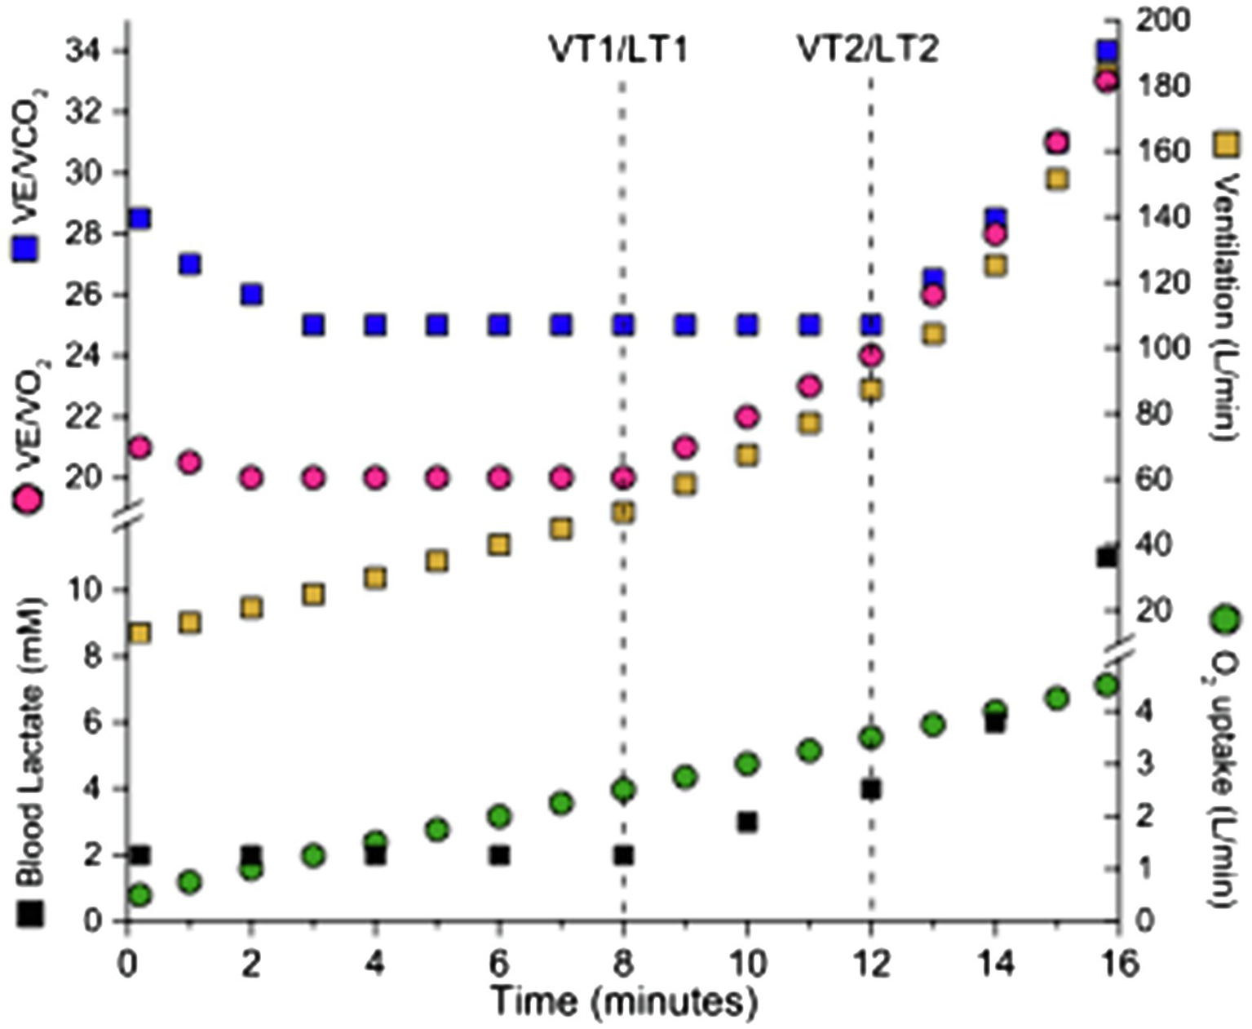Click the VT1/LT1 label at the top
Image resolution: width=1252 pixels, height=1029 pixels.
(617, 50)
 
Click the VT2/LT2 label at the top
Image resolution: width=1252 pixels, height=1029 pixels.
(867, 50)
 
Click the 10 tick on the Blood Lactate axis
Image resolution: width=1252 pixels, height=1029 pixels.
(86, 590)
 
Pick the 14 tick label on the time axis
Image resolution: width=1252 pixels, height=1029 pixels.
(994, 965)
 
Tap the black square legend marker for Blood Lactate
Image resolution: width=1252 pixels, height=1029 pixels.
(30, 913)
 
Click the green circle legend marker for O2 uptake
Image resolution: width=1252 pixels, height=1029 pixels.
(1223, 620)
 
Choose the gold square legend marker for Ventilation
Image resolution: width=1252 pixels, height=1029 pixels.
(1226, 144)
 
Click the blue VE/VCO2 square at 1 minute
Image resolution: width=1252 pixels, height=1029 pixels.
(190, 264)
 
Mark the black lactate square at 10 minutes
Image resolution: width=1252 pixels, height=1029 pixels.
(747, 822)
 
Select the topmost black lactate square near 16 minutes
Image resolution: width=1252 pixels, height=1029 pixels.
(1107, 557)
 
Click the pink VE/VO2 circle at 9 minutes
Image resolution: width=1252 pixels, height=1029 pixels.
(685, 447)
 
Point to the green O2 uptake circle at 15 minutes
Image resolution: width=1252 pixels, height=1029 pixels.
(1057, 699)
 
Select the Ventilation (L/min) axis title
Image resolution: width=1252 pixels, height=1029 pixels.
(1223, 306)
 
